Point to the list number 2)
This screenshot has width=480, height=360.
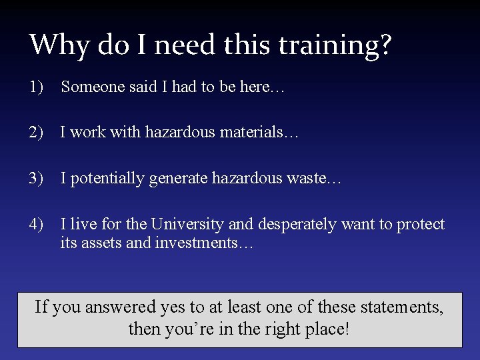pyautogui.click(x=36, y=133)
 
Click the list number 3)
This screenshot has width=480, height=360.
pyautogui.click(x=36, y=178)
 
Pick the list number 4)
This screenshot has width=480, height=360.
pyautogui.click(x=36, y=224)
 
